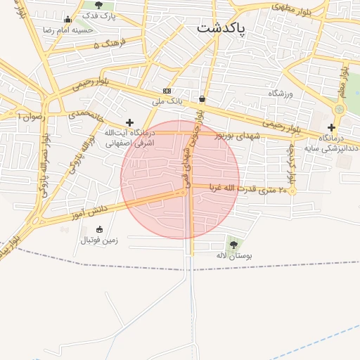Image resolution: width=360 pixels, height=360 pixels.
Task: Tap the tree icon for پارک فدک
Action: (x=98, y=5)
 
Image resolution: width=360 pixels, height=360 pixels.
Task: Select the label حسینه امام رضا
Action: (x=67, y=30)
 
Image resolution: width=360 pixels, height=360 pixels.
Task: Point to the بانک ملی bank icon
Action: (x=167, y=91)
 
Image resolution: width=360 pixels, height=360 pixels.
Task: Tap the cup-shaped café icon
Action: (x=202, y=98)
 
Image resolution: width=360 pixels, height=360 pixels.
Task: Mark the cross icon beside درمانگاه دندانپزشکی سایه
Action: (x=331, y=127)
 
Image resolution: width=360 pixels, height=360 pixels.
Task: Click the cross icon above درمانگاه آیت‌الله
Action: (x=129, y=122)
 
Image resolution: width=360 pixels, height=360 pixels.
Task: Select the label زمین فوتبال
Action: (x=98, y=240)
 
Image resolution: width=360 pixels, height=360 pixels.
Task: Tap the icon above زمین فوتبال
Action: (x=98, y=229)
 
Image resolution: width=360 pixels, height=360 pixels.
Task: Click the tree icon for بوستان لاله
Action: (x=233, y=245)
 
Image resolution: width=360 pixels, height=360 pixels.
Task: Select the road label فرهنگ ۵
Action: (x=109, y=44)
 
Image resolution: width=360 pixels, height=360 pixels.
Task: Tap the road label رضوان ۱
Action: (x=32, y=116)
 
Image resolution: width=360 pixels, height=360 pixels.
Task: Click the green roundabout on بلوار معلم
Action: (x=340, y=109)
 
